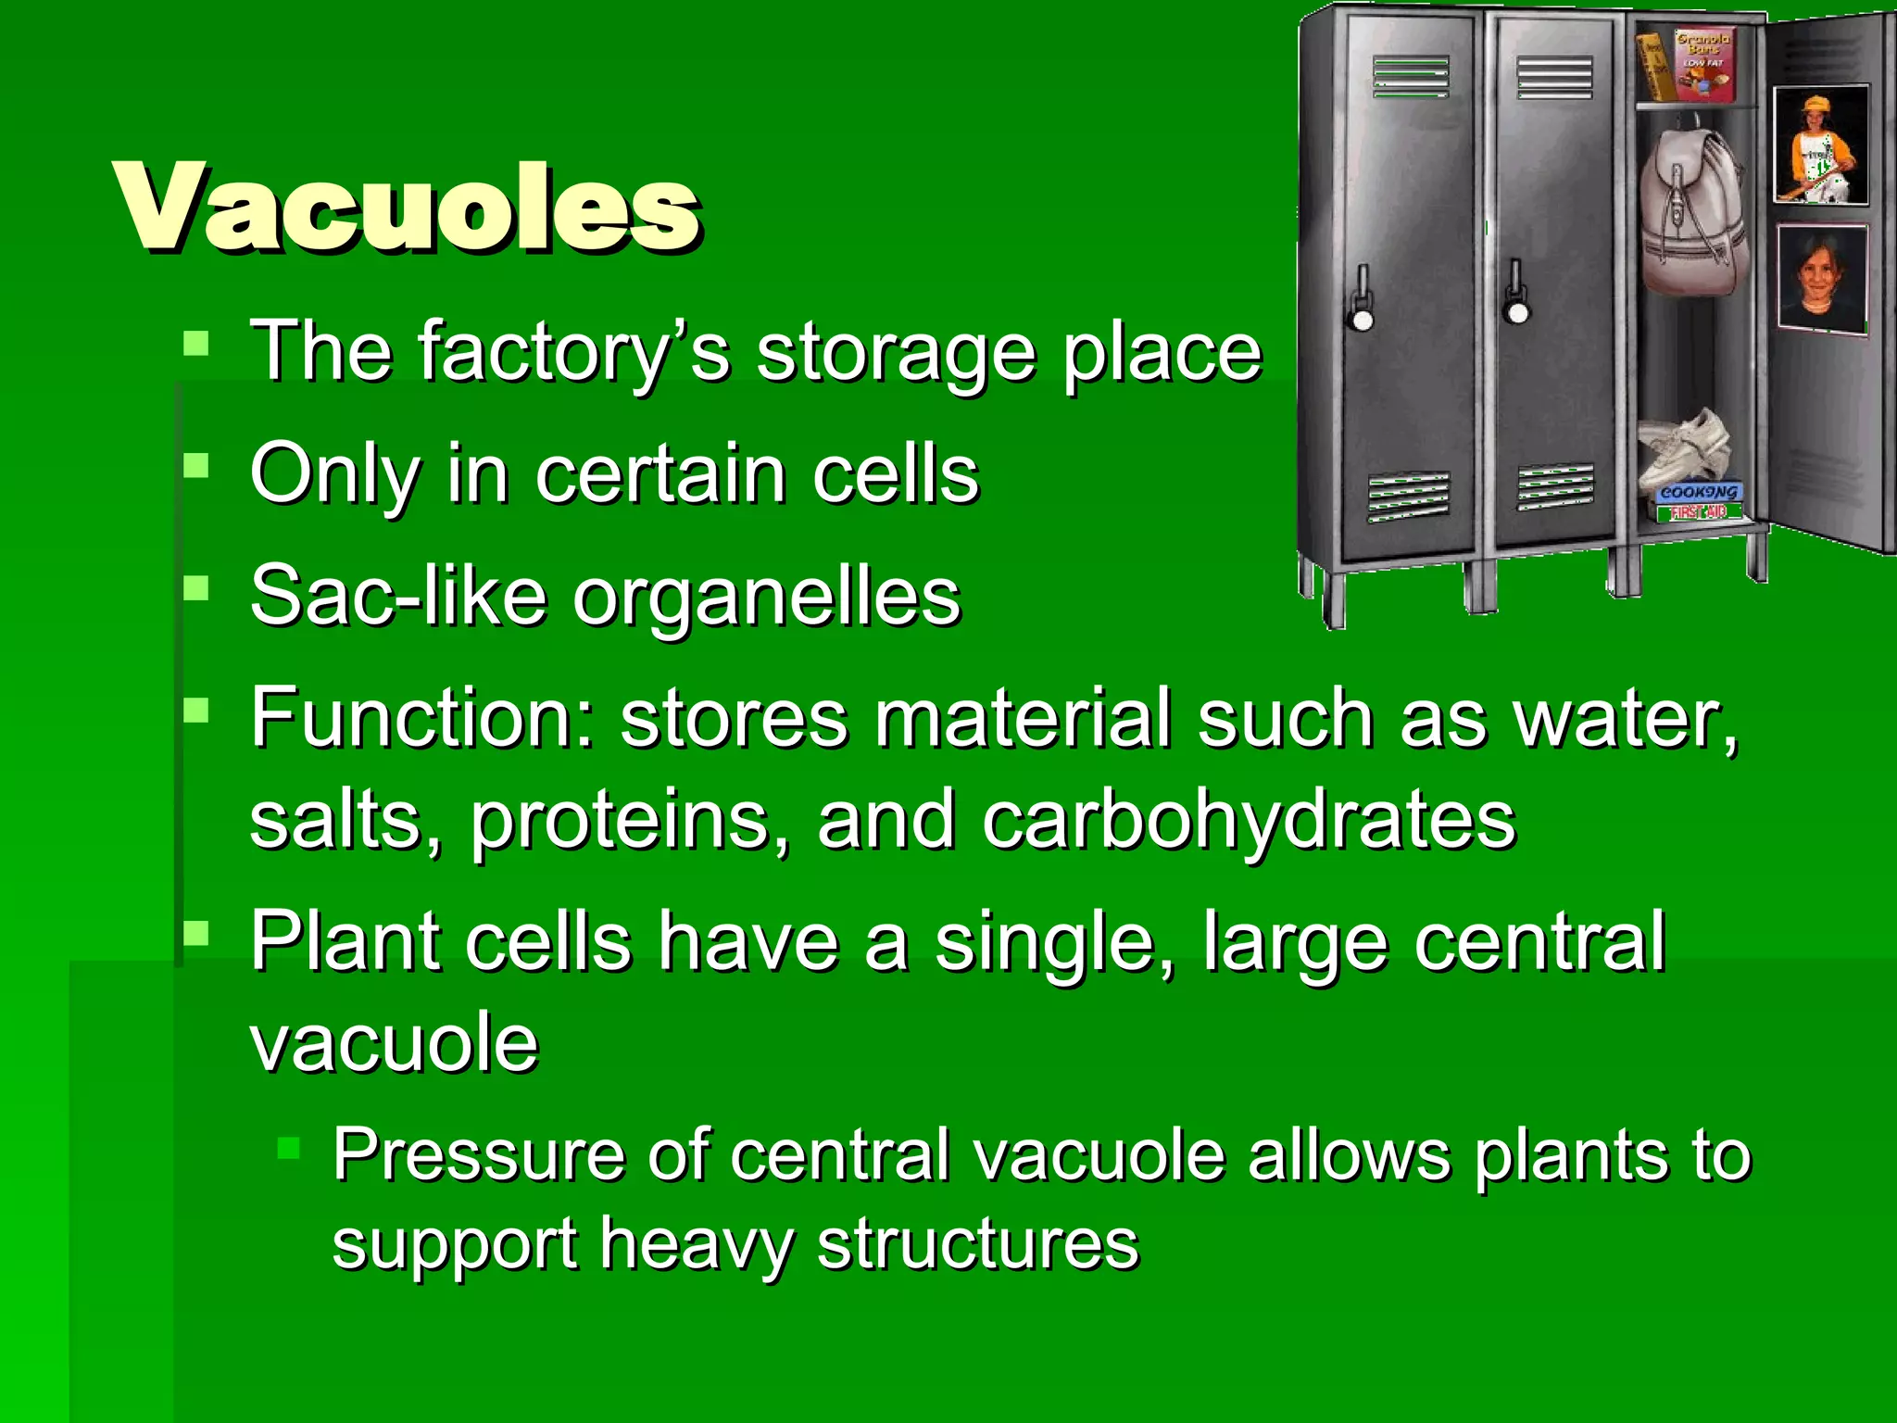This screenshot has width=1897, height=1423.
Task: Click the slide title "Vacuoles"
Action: pos(408,208)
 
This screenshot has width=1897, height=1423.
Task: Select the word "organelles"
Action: pos(767,598)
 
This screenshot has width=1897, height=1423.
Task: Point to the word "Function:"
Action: pos(421,718)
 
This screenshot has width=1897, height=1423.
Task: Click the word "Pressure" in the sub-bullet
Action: pos(477,1155)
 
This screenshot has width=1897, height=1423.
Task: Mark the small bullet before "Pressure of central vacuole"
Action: pos(289,1150)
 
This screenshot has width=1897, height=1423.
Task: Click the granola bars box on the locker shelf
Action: pos(1702,65)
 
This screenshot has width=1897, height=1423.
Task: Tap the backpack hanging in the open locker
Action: pos(1692,213)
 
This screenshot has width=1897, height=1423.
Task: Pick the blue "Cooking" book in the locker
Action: pos(1698,493)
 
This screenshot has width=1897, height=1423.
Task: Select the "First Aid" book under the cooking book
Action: pos(1697,512)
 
